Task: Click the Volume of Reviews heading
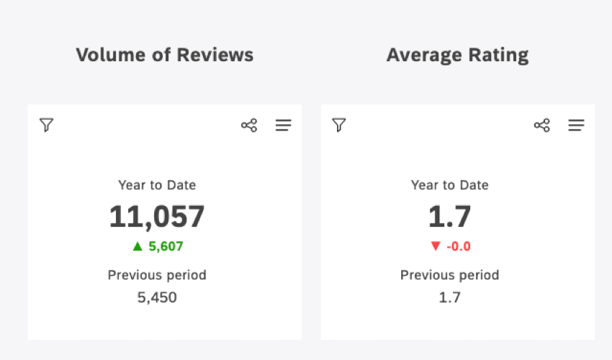164,55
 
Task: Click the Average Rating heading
457,55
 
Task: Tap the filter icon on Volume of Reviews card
46,125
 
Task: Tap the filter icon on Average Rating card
339,125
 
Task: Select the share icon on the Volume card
249,125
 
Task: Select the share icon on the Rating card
541,125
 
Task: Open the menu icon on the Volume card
284,125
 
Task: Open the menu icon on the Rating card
576,125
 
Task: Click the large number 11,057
157,217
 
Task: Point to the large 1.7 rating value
450,217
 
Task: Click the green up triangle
138,246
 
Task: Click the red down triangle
435,246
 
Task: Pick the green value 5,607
166,246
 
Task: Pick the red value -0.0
459,246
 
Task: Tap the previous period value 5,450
157,297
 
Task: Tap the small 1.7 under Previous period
450,297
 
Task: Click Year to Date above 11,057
157,185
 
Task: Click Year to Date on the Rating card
450,185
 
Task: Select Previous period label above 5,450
157,275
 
